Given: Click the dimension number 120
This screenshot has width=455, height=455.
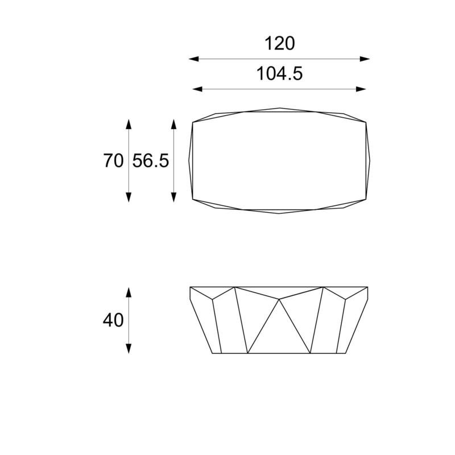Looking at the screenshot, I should click(x=280, y=43).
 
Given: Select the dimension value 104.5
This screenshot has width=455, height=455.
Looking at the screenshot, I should click(x=280, y=73).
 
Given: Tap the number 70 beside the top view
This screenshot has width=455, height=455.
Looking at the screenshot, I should click(x=113, y=161).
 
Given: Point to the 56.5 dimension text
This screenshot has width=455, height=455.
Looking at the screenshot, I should click(x=151, y=161).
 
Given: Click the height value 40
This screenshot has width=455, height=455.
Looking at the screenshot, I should click(x=113, y=320).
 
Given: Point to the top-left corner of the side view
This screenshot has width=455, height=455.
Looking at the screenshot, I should click(x=189, y=287).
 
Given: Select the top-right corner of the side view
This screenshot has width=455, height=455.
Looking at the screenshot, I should click(x=368, y=287).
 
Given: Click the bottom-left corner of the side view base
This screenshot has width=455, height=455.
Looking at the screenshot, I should click(x=212, y=353).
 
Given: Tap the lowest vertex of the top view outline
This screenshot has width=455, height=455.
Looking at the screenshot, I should click(x=279, y=214).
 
